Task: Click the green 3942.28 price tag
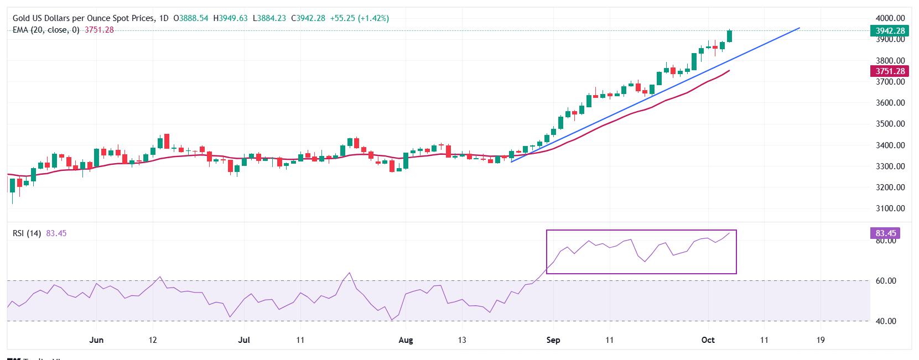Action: tap(889, 31)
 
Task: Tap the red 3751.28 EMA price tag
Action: tap(889, 71)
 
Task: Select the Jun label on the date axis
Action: tap(96, 340)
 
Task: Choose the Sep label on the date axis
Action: tap(553, 340)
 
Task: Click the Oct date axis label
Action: tap(708, 340)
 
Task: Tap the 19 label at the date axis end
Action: tap(821, 340)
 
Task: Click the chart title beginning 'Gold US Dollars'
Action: tap(83, 18)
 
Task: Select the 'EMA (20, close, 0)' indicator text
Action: tap(46, 30)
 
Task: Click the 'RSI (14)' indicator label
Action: tap(27, 233)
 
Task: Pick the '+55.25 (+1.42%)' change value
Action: tap(359, 18)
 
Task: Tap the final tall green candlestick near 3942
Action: tap(730, 36)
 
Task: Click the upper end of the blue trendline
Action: tap(799, 28)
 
